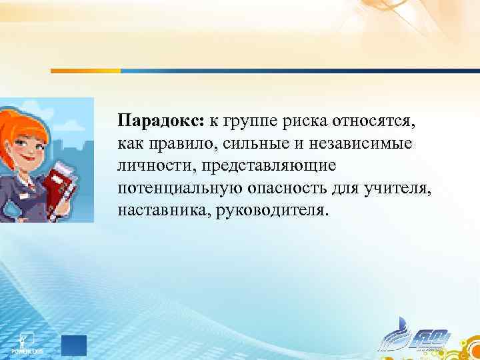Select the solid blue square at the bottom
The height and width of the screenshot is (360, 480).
pos(74,346)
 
